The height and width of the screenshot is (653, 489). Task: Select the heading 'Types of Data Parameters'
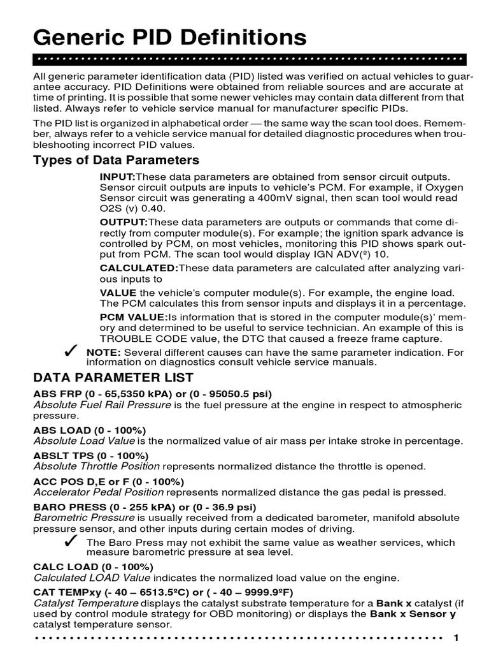click(116, 160)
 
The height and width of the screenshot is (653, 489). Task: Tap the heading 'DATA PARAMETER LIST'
click(113, 378)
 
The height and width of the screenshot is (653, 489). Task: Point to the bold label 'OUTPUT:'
click(124, 222)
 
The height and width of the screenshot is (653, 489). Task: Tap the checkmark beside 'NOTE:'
click(71, 352)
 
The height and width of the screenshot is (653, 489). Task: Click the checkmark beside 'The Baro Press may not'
click(71, 541)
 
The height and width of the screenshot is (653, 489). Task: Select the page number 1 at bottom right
click(455, 638)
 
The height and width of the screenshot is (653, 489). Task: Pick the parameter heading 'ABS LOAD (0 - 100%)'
click(90, 430)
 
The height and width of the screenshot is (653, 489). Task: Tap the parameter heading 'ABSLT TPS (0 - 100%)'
click(90, 455)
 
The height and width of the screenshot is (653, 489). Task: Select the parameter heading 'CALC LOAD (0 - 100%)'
click(93, 567)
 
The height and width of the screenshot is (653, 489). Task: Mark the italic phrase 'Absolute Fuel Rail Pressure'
click(102, 404)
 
